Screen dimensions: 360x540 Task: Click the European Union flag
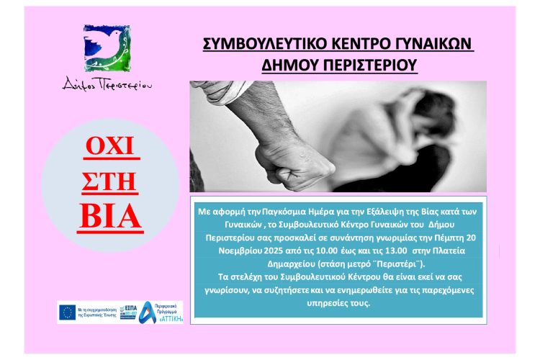[x=68, y=312]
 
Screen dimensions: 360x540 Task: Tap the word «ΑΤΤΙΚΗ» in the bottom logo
[x=168, y=318]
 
